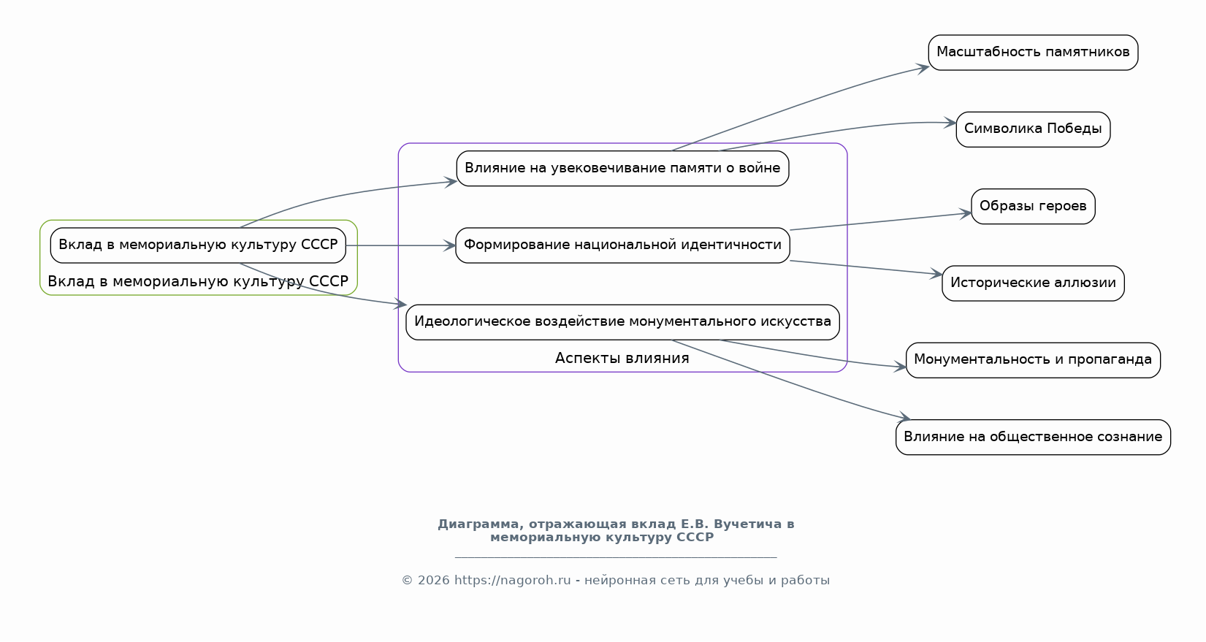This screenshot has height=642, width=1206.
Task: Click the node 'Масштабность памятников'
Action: [1033, 53]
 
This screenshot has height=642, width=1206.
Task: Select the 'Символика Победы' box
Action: [1033, 130]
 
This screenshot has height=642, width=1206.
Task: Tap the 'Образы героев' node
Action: [1033, 207]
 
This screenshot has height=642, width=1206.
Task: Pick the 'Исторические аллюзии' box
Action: [1033, 283]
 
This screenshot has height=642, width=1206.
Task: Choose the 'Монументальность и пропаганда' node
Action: [1033, 361]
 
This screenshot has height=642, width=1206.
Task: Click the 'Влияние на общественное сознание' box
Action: [1033, 437]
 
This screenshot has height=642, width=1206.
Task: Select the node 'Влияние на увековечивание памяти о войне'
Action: [622, 169]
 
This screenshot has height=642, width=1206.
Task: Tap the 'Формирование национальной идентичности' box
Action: [622, 245]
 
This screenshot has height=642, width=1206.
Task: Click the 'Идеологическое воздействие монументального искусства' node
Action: [622, 322]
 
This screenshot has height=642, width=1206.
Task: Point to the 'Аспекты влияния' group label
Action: [622, 359]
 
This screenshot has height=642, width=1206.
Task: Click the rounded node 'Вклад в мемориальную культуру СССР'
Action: [198, 245]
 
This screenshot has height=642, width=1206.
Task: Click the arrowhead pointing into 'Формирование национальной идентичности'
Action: [449, 245]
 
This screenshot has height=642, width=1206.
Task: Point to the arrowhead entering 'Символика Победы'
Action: [950, 123]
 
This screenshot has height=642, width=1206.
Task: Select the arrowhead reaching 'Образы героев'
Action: [965, 214]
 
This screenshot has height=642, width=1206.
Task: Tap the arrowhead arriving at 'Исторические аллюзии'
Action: [936, 274]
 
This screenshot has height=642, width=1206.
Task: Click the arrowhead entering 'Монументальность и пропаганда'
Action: [900, 367]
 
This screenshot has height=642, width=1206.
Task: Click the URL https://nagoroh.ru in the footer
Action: [512, 581]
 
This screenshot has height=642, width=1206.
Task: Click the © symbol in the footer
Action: [407, 581]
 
